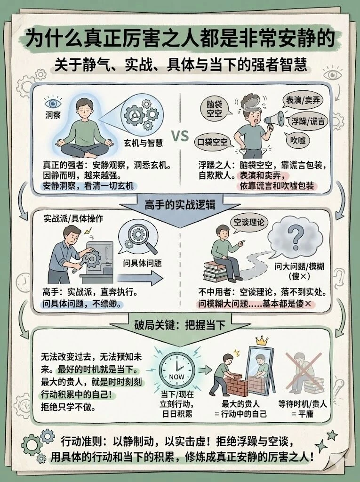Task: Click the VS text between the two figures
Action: (x=179, y=136)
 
